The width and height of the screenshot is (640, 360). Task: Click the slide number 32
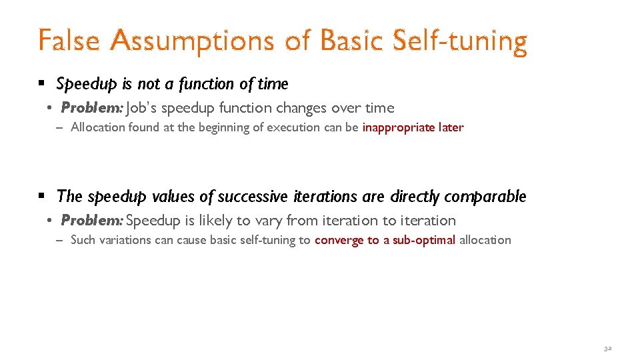tap(607, 349)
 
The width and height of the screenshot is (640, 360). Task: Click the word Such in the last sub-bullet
tap(83, 240)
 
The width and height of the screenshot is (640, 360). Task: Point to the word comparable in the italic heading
tap(485, 197)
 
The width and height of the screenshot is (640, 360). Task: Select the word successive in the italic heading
tap(253, 197)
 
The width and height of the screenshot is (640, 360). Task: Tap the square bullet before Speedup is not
tap(41, 84)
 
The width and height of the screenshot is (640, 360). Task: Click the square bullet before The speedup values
tap(41, 197)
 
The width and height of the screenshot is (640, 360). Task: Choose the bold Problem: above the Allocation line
tap(91, 108)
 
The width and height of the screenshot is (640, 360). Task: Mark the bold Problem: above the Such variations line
tap(91, 221)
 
